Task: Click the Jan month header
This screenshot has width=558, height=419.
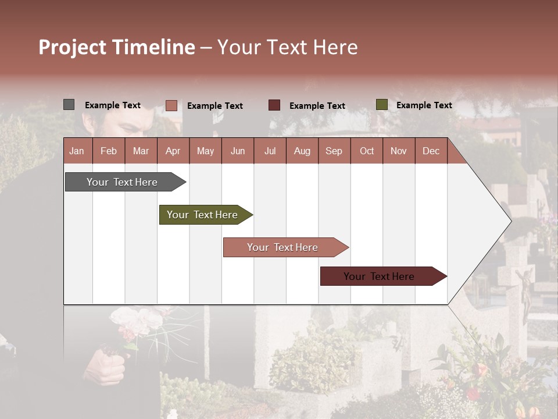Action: click(x=77, y=151)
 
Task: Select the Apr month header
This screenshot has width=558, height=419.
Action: click(x=173, y=151)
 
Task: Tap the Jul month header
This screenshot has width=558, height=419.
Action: click(x=270, y=151)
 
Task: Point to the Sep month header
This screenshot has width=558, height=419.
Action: click(x=334, y=151)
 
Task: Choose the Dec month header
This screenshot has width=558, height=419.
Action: click(x=431, y=151)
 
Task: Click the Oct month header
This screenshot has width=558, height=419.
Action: click(x=367, y=151)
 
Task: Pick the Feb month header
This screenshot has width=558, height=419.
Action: click(x=109, y=151)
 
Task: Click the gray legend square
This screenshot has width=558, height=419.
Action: click(x=69, y=105)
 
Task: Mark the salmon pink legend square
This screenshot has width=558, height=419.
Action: click(x=171, y=105)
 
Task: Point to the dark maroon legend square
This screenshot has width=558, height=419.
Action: click(x=274, y=105)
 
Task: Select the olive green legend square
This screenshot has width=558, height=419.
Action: click(x=381, y=105)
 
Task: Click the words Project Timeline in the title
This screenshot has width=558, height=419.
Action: click(x=117, y=47)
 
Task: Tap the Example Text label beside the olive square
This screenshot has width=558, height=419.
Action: click(x=424, y=105)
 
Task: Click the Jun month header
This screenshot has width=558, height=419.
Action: click(x=238, y=151)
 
